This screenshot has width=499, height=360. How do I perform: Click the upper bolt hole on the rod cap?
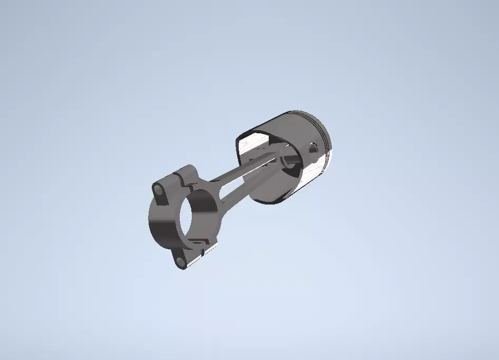[159, 188]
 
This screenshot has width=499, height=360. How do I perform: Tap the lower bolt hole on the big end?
[181, 261]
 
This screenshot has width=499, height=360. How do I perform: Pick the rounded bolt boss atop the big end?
[185, 171]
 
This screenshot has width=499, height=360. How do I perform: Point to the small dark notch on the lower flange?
[196, 244]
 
